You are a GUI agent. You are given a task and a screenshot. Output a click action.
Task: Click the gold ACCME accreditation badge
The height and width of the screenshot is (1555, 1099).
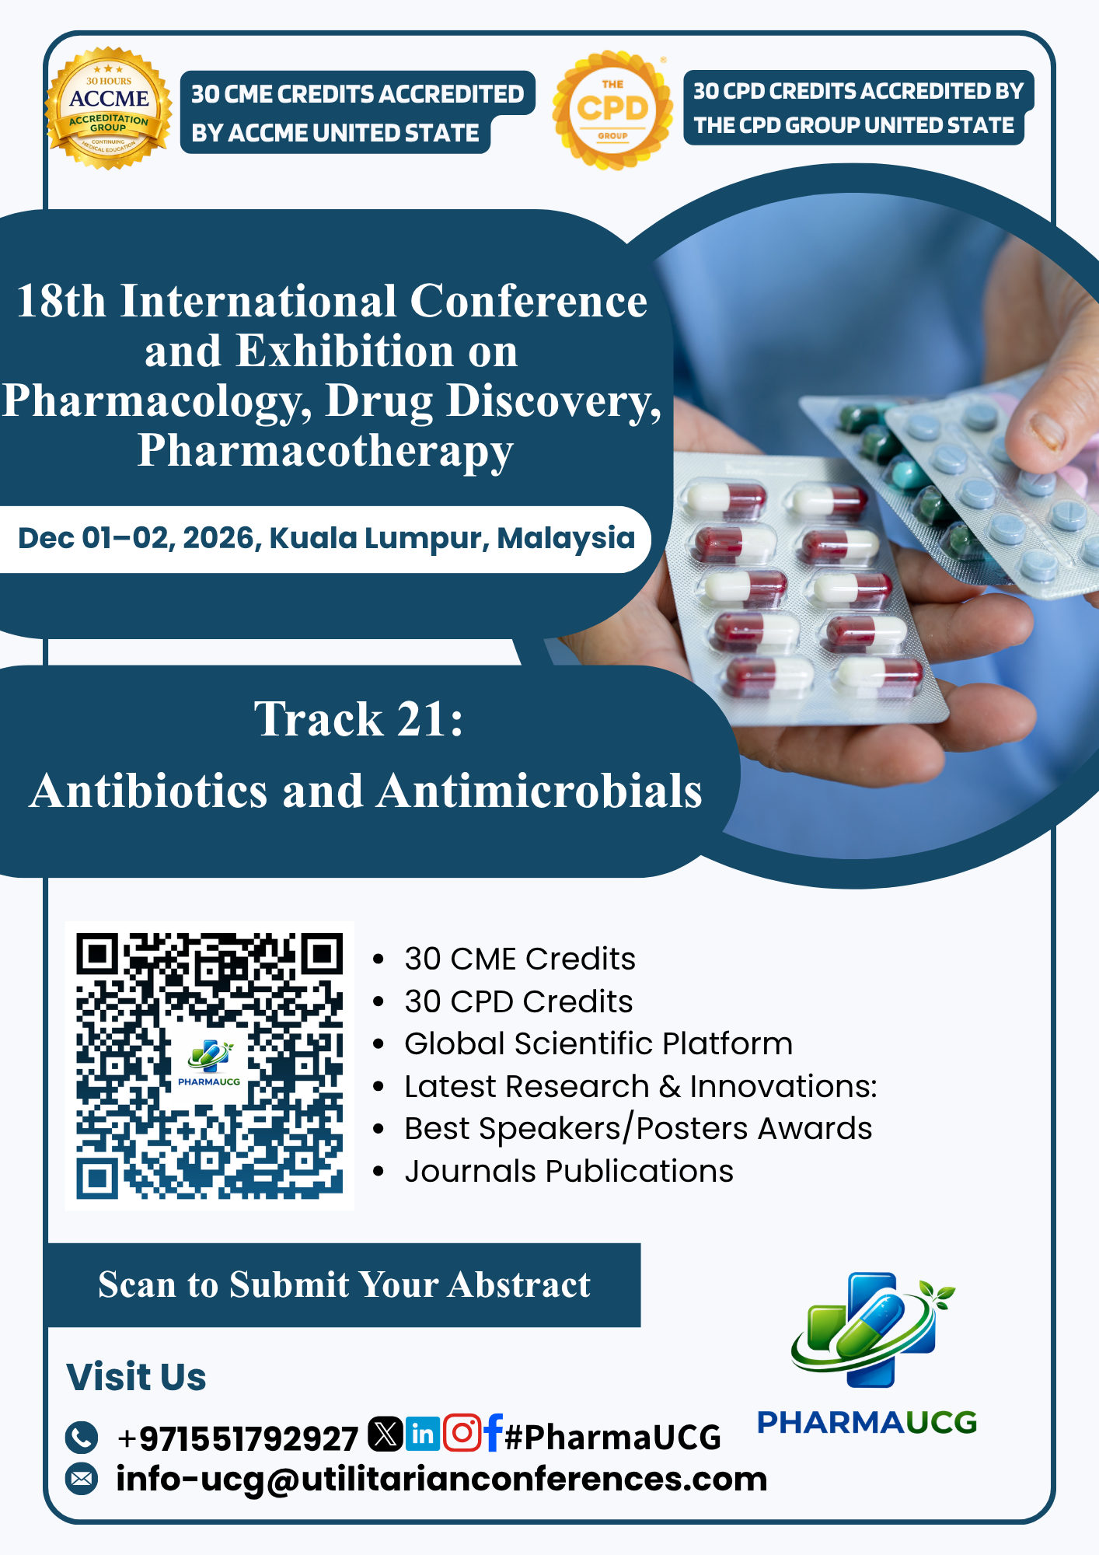click(109, 108)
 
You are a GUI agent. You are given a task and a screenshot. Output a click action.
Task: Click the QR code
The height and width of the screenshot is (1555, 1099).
click(209, 1065)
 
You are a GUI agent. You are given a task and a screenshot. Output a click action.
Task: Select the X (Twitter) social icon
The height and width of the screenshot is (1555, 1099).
click(385, 1434)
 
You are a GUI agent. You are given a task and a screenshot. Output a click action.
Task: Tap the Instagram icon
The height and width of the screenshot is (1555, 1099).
click(462, 1433)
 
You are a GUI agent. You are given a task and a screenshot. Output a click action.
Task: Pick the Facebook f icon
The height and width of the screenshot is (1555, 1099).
click(493, 1433)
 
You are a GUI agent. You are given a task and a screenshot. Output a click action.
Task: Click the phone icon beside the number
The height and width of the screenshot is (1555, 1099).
click(82, 1438)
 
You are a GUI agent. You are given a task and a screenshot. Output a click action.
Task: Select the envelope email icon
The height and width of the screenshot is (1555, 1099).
click(82, 1479)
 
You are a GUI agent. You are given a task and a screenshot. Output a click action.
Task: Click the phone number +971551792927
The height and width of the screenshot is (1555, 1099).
click(237, 1438)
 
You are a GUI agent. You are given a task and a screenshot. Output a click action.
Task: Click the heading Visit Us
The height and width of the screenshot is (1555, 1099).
click(136, 1377)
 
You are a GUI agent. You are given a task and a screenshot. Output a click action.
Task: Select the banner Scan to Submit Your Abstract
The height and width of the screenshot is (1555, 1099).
click(344, 1285)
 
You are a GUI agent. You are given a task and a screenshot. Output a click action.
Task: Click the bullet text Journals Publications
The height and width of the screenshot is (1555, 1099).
click(569, 1171)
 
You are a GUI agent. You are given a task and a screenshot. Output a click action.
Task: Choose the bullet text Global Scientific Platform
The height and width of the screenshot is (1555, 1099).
click(598, 1043)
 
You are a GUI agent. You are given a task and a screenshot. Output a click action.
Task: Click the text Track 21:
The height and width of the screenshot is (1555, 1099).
click(358, 718)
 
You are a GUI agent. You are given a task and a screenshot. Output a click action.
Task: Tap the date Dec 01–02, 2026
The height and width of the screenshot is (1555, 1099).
click(140, 538)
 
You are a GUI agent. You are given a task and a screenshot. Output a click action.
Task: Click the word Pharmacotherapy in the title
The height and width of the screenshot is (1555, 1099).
click(326, 451)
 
